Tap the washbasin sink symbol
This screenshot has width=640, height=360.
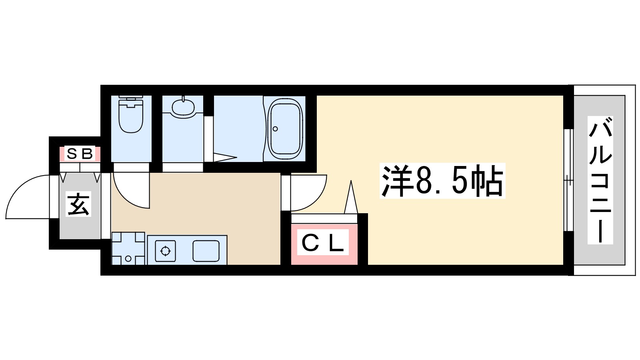tap(183, 107)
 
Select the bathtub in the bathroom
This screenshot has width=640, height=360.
tap(285, 129)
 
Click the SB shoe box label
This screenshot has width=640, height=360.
tap(80, 153)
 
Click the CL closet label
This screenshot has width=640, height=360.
tap(323, 243)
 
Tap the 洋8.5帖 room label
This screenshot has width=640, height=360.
tap(442, 181)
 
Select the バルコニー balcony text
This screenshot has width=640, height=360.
tap(600, 180)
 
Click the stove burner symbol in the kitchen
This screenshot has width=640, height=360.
tap(165, 251)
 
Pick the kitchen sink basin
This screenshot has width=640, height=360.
tap(206, 251)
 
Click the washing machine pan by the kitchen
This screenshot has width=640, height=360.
tap(128, 249)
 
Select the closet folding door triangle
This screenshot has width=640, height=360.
tap(351, 198)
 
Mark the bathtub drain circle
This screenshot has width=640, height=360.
tap(275, 129)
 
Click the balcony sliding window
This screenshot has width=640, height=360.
tap(568, 180)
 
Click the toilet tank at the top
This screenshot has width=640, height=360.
tap(131, 98)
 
